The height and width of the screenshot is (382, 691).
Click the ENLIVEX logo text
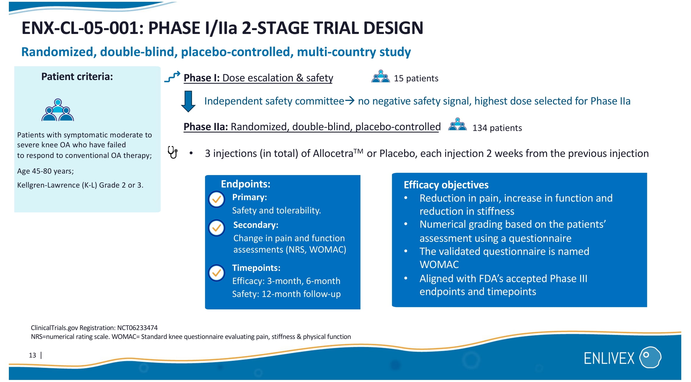pos(609,358)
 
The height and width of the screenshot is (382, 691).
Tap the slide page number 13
pos(32,355)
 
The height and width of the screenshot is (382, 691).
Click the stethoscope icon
pos(173,152)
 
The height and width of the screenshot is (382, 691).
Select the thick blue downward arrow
pos(188,102)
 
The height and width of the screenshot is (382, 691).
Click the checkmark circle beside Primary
pos(217,200)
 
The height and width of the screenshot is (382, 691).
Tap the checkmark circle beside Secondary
pos(217,228)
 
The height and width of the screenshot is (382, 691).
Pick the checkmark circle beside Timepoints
pos(217,273)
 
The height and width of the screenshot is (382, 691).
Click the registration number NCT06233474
pos(137,328)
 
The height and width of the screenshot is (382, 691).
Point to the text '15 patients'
pos(416,78)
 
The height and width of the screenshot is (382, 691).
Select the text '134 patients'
pos(497,128)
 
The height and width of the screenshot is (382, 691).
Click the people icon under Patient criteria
pos(58,110)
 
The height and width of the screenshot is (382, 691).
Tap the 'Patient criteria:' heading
pos(77,77)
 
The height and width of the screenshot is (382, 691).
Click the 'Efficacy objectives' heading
pos(446,185)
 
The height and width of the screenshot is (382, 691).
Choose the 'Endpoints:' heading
pos(245,184)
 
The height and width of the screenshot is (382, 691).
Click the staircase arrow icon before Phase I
pos(172,77)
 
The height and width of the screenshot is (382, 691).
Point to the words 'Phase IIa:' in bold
pos(206,127)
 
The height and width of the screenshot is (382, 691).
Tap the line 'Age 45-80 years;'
pos(45,171)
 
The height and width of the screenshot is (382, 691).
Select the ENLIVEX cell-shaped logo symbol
pos(650,357)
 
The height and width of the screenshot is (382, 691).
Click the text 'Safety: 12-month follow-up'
pos(286,294)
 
